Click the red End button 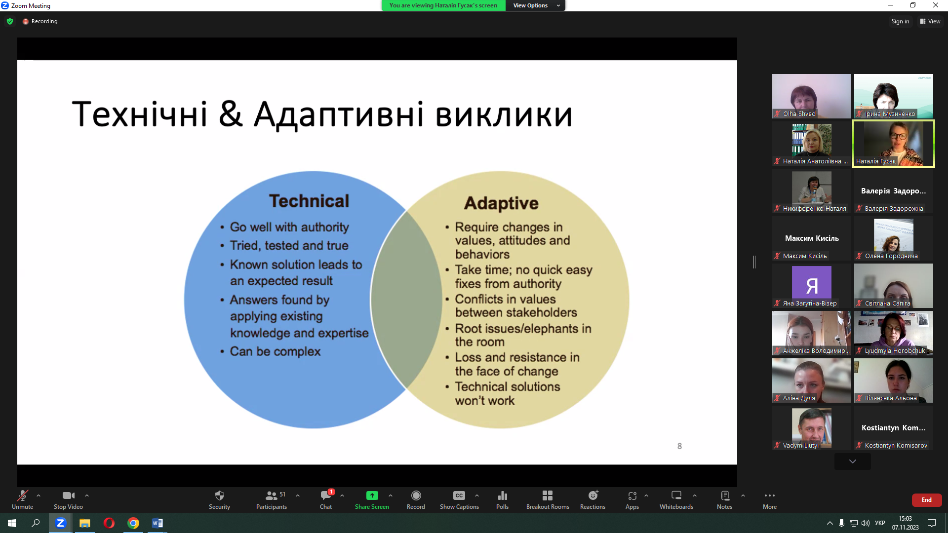coord(926,500)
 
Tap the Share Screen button coord(372,499)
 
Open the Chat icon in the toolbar coord(326,499)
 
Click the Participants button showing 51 coord(272,499)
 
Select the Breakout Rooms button coord(548,499)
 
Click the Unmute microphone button coord(22,499)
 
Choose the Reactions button coord(592,499)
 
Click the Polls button coord(502,499)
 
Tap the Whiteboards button coord(676,499)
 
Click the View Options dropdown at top coord(536,5)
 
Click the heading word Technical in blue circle coord(309,201)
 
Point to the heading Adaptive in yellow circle coord(501,203)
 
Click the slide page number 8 coord(679,446)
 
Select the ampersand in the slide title coord(230,114)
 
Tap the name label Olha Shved coord(799,114)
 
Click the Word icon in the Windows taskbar coord(157,523)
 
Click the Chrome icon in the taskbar coord(133,523)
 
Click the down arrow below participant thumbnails coord(852,461)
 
